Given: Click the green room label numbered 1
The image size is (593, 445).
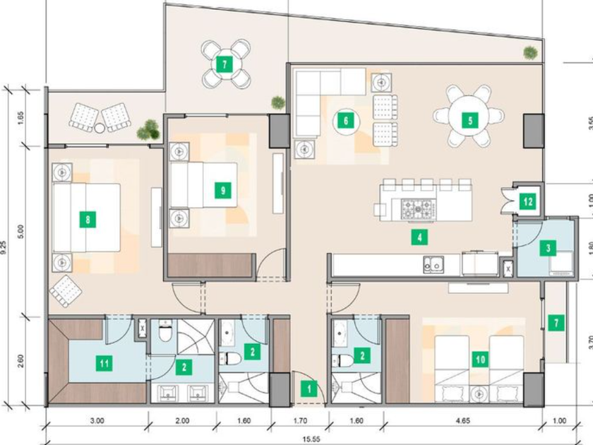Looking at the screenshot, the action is click(x=309, y=388).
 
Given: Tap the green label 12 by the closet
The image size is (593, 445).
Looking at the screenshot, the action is click(x=528, y=201).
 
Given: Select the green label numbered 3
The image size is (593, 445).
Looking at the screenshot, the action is click(x=548, y=248).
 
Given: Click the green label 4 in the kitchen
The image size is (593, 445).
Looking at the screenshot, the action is click(x=419, y=237).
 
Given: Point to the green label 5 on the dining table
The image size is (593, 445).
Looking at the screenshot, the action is click(x=470, y=121).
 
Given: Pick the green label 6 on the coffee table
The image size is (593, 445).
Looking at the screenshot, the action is click(x=346, y=121).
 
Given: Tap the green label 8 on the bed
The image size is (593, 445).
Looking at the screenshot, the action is click(x=88, y=220).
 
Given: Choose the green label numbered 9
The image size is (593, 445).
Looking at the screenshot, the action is click(x=223, y=190).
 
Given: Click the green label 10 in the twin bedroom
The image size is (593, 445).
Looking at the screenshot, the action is click(x=480, y=359).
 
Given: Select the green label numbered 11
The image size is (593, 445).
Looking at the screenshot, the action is click(x=104, y=364).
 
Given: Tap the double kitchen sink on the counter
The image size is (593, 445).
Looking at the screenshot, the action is click(x=433, y=264).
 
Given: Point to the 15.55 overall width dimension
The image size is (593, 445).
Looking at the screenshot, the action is click(x=311, y=439).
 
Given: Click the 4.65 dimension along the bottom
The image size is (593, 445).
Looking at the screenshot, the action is click(x=463, y=421).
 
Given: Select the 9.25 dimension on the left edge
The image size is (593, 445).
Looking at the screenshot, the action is click(x=4, y=247).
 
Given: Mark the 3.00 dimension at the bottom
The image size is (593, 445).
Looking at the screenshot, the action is click(x=97, y=421).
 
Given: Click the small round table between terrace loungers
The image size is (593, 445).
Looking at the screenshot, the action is click(x=100, y=129).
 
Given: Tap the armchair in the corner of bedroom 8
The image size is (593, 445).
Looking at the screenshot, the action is click(x=66, y=291).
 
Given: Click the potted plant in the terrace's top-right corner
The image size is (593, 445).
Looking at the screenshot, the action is click(x=531, y=52).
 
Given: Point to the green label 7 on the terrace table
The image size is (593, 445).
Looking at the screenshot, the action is click(x=224, y=64).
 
